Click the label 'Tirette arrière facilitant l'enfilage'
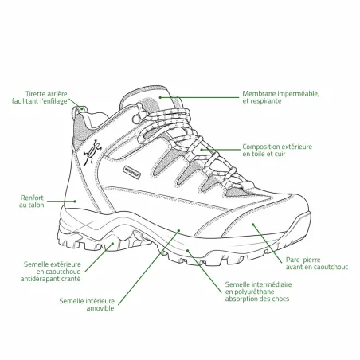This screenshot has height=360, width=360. [40, 97]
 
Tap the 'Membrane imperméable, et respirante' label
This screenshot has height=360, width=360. [280, 97]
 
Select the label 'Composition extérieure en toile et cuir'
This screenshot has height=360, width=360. [277, 151]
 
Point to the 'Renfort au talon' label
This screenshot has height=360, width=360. [32, 202]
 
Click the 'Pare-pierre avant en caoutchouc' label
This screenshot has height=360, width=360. [317, 264]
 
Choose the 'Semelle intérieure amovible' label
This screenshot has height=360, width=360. [87, 304]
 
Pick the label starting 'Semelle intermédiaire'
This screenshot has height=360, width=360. [258, 292]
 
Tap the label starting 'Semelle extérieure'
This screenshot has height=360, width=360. [51, 272]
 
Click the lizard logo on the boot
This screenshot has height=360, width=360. [92, 152]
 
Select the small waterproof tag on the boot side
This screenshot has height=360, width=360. [131, 171]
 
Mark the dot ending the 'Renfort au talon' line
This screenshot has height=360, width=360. [75, 202]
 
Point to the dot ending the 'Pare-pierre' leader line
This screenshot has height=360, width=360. [253, 225]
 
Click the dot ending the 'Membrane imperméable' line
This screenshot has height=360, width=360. [160, 97]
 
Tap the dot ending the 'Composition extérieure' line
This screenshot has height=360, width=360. [202, 150]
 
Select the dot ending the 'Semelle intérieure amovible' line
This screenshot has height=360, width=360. [178, 230]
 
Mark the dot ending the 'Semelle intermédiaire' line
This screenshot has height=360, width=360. [187, 250]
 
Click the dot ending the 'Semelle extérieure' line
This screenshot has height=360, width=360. [112, 243]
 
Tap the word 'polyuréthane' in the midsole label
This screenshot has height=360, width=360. [249, 292]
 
